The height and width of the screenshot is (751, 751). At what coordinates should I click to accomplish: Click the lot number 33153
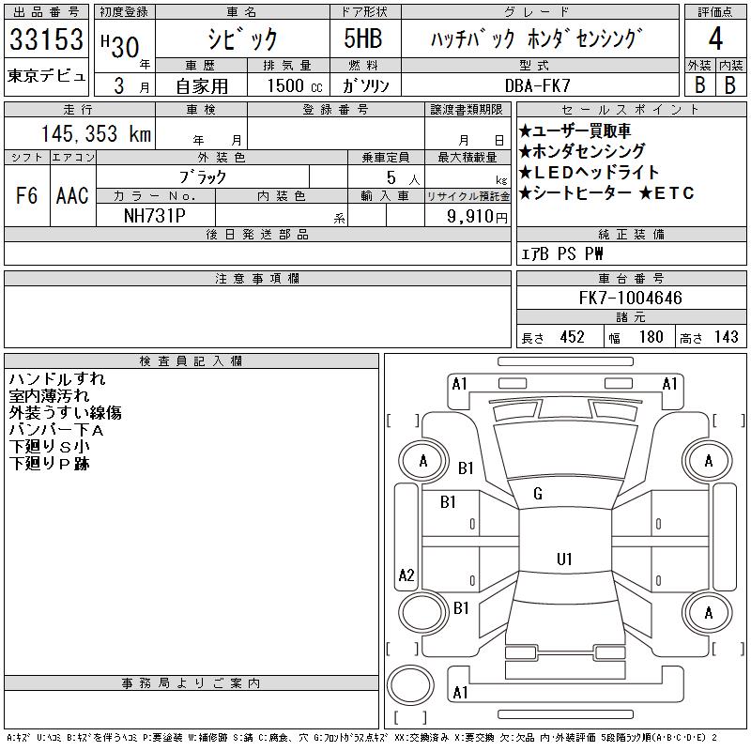coord(46,39)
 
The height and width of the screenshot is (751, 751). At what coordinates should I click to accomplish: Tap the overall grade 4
coord(715,38)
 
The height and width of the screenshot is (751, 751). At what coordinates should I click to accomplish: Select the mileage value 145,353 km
coord(96,133)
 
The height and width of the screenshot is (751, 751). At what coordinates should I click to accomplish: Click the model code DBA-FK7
coord(537,85)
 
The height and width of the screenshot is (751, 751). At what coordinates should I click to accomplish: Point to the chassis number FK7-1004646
coord(630,298)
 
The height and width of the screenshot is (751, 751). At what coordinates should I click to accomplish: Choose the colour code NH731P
coord(155,216)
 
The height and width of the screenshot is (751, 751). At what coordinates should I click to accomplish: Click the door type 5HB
coord(363,38)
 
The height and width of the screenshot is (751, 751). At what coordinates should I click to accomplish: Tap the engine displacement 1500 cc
coord(295,85)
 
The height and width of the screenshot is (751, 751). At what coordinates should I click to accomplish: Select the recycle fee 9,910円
coord(477,216)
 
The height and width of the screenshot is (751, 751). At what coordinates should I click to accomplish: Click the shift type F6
coord(26,195)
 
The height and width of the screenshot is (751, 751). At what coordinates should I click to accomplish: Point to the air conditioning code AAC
coord(72,195)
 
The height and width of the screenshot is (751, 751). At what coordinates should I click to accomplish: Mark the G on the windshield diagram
coord(538,494)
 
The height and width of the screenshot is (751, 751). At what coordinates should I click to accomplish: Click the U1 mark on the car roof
coord(564,559)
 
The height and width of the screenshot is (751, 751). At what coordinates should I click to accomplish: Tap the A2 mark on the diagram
coord(406,575)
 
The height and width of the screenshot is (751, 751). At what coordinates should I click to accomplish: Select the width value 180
coord(651,337)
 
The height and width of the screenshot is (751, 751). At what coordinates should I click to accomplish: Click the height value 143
coord(726,337)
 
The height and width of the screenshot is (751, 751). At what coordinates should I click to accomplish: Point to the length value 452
coord(572,337)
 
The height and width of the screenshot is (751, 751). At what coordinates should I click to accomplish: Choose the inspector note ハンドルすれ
coord(57,379)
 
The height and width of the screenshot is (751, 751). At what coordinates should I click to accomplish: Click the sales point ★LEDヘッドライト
coord(590,172)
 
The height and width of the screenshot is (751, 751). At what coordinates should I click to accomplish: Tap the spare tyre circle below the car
coord(410,685)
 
